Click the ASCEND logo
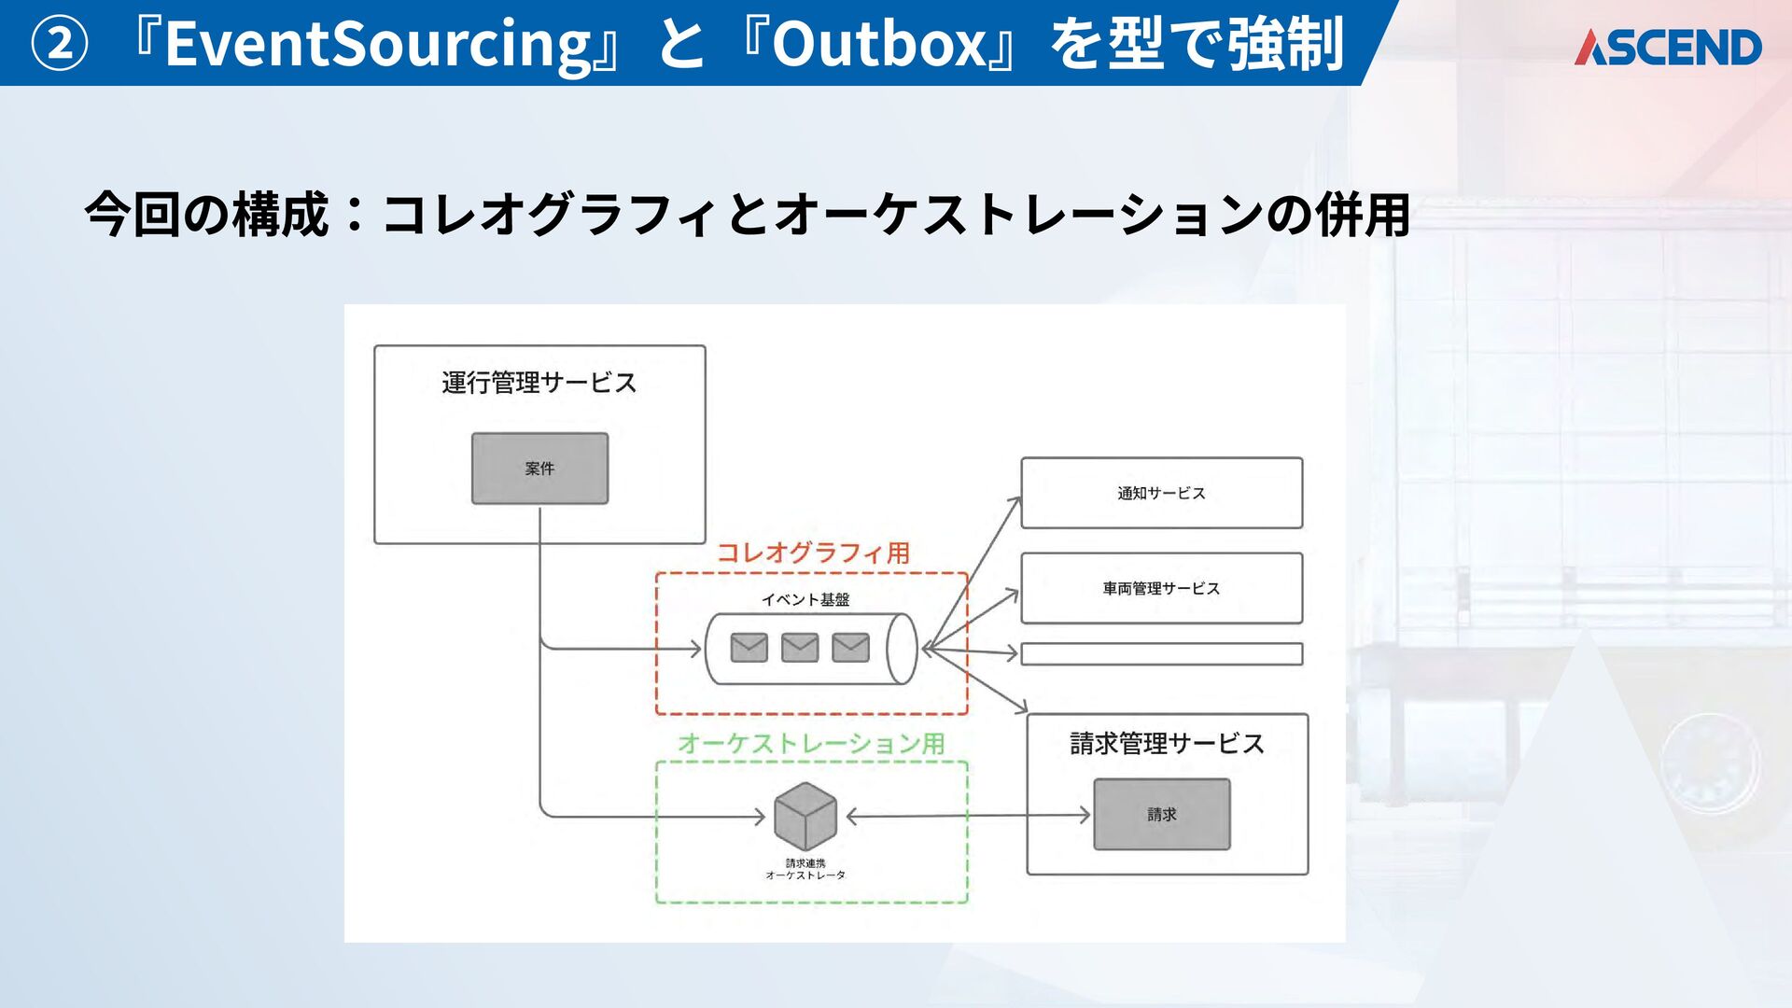click(1668, 48)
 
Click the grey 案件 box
click(539, 469)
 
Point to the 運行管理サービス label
click(539, 383)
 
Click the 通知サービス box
click(1161, 493)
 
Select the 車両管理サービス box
click(1161, 588)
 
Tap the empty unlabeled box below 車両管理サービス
click(1161, 653)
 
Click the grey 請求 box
click(1161, 814)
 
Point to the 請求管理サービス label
click(1167, 744)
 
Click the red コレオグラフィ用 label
click(813, 553)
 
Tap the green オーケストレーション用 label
click(811, 744)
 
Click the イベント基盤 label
click(805, 600)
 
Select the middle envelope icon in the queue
click(800, 648)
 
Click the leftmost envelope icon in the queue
click(749, 648)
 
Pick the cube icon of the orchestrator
click(805, 815)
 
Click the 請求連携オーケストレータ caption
click(805, 869)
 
